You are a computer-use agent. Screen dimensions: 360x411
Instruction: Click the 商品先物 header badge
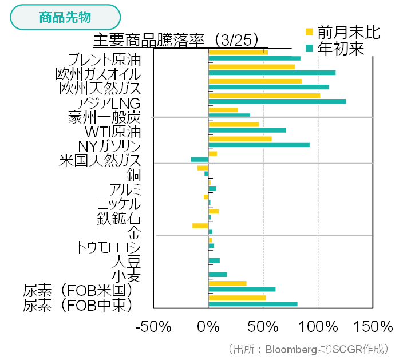[x=65, y=17]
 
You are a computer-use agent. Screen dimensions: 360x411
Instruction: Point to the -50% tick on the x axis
[x=153, y=327]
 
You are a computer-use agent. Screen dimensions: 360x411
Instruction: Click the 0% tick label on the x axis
[x=208, y=327]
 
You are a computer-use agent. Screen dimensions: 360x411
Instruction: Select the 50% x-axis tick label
[x=263, y=327]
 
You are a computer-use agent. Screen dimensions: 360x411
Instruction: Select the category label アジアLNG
[x=109, y=103]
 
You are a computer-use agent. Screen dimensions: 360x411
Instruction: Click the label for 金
[x=134, y=233]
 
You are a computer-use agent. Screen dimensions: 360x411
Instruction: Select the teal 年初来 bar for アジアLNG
[x=277, y=101]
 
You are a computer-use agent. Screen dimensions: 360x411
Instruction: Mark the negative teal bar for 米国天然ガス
[x=199, y=159]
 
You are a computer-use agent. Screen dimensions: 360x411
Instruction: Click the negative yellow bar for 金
[x=200, y=226]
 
